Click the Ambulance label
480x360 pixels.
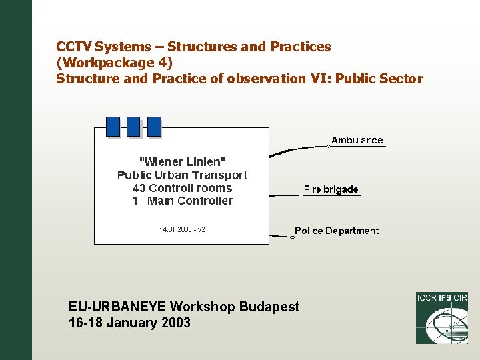point(357,141)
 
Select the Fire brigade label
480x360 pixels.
point(331,189)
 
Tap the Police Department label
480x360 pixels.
point(337,231)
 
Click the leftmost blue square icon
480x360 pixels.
point(113,126)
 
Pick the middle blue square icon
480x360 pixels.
point(133,126)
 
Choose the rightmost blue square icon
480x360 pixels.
point(154,126)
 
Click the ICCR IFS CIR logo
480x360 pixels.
point(441,318)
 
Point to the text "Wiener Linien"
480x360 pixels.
point(182,162)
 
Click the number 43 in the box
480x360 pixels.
point(139,188)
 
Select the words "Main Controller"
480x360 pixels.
point(190,201)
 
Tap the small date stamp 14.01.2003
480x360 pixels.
point(175,229)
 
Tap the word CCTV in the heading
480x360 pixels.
point(74,47)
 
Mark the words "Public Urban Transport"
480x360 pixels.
point(182,175)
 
